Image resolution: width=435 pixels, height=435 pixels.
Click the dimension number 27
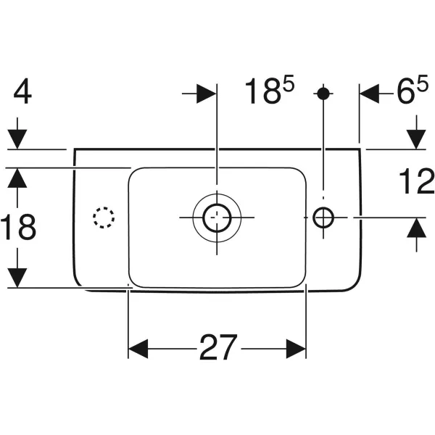[x=217, y=349]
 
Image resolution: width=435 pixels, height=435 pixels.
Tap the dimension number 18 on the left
[x=19, y=228]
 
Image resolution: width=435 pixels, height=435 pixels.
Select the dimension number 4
[x=23, y=94]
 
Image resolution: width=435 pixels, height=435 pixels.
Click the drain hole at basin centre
[x=217, y=216]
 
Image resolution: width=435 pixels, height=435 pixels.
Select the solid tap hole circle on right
[x=323, y=216]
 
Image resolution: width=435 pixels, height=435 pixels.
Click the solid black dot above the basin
[x=323, y=94]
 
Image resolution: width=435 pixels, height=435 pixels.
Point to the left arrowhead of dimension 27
[x=138, y=349]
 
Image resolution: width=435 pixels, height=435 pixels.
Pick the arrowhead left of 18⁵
[x=206, y=94]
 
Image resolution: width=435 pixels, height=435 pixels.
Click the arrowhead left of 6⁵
[x=370, y=94]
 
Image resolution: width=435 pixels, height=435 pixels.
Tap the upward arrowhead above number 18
[x=19, y=178]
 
